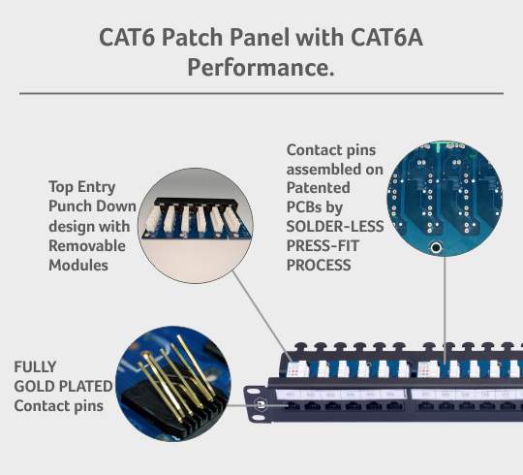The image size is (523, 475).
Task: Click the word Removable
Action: point(87,246)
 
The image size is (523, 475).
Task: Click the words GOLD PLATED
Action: point(64,387)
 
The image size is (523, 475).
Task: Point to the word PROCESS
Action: point(319,264)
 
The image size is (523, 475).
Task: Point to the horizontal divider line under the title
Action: point(261,93)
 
